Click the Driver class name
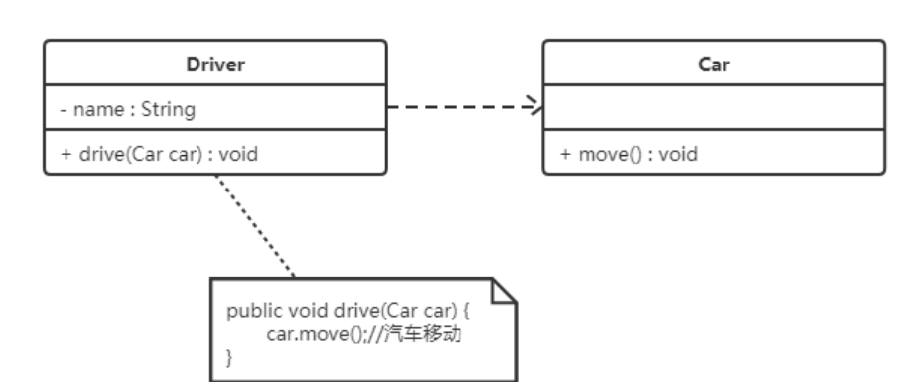pos(215,64)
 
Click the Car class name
pos(713,64)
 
